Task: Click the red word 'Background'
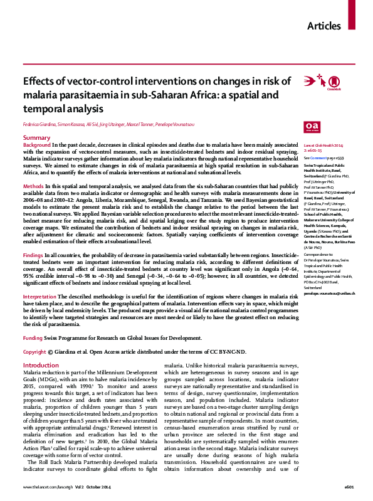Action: pos(36,144)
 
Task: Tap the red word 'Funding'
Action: pos(33,337)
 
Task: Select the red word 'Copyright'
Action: pos(34,352)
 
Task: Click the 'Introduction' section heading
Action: pos(41,365)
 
